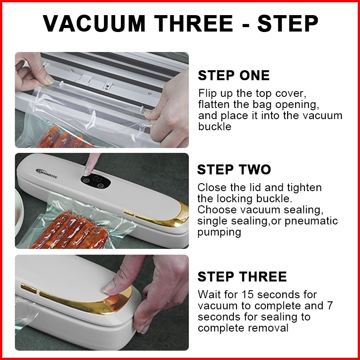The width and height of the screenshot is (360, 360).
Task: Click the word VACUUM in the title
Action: [x=94, y=24]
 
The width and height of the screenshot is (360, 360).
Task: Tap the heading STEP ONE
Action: [x=234, y=75]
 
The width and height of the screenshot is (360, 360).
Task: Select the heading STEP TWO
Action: [x=234, y=169]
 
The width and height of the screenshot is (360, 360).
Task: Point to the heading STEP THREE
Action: [x=242, y=276]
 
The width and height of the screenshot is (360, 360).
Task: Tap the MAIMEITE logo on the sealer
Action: [x=47, y=173]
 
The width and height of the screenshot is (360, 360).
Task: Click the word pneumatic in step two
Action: [x=311, y=221]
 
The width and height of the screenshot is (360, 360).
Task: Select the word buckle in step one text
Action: [x=215, y=127]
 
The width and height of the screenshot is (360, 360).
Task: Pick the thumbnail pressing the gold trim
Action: [x=109, y=287]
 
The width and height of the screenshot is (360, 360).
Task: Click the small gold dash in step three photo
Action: [x=29, y=288]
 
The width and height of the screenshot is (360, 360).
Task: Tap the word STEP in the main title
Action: [x=288, y=24]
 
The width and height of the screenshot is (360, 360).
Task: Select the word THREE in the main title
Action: [x=193, y=24]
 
